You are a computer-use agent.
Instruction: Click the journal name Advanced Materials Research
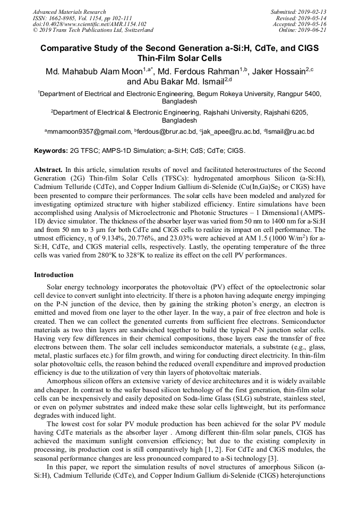[x=70, y=12]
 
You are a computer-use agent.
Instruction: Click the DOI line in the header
[x=89, y=24]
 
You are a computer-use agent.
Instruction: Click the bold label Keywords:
[x=51, y=151]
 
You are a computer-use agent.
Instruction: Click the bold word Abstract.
[x=48, y=169]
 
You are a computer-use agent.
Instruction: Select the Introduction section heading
[x=54, y=275]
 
